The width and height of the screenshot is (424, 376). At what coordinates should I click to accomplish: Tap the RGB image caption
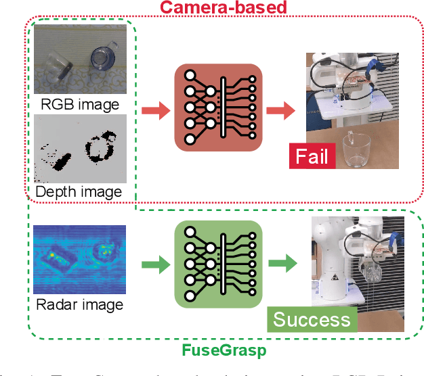click(x=80, y=104)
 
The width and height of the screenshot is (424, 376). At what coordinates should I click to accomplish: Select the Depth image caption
click(x=79, y=192)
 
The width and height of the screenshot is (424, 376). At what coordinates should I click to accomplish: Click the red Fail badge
click(x=312, y=156)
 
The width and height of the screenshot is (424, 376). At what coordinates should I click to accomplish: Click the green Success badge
click(x=312, y=319)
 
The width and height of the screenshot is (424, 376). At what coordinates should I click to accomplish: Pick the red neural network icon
click(x=217, y=108)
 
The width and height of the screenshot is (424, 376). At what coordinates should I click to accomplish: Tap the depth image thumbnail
click(x=81, y=148)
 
